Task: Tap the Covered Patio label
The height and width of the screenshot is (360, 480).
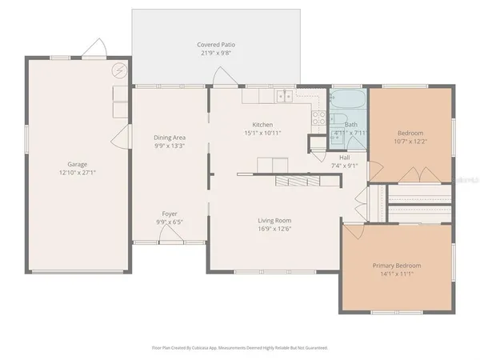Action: (x=216, y=44)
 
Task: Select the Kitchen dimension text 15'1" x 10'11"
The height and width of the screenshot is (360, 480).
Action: (x=262, y=134)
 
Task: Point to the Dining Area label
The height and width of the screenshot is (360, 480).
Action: (x=170, y=138)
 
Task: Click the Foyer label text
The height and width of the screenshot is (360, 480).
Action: (x=170, y=214)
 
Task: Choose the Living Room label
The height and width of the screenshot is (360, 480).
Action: (x=274, y=220)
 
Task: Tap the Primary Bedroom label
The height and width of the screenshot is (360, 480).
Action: (x=396, y=265)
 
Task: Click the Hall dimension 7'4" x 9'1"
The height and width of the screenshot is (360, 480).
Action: (x=344, y=166)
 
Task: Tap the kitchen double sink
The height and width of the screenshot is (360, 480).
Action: (x=284, y=98)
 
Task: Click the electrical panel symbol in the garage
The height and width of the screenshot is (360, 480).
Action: (x=119, y=70)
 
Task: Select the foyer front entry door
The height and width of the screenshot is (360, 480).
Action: (x=170, y=236)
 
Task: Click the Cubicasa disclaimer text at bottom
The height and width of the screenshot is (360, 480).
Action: (x=240, y=348)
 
